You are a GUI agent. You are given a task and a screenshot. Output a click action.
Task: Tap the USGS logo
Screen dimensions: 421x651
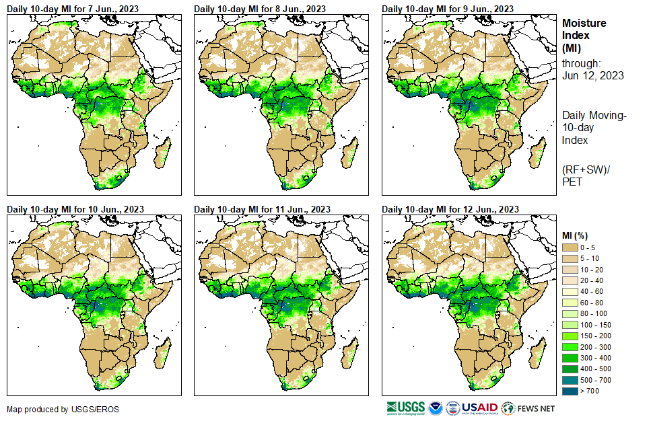(x=405, y=408)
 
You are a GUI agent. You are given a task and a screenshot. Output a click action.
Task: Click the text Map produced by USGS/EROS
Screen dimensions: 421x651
(x=54, y=410)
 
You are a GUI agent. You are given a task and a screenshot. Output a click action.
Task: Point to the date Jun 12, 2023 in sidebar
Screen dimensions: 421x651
(x=592, y=75)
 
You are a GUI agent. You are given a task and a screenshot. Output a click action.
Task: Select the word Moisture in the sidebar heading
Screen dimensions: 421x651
(x=584, y=23)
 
